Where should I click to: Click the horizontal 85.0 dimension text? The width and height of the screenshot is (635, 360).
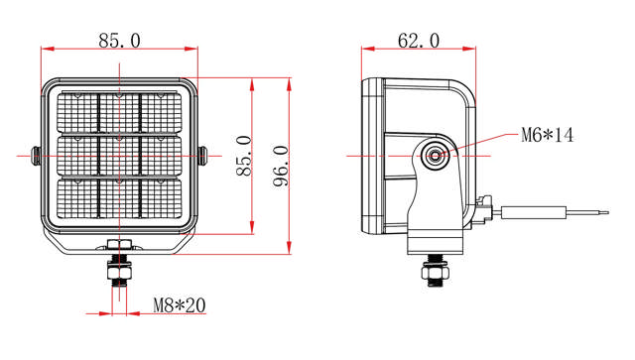tap(119, 41)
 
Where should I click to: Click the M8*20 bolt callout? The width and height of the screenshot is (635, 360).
tap(179, 305)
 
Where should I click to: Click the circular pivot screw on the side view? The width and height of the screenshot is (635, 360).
tap(435, 155)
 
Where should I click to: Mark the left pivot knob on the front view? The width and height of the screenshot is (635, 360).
tap(35, 156)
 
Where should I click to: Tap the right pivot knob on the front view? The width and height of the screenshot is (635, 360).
tap(203, 156)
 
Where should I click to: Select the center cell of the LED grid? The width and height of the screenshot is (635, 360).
tap(119, 155)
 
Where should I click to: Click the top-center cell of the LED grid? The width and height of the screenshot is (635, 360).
tap(119, 112)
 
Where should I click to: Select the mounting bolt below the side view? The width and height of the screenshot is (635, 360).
tap(435, 269)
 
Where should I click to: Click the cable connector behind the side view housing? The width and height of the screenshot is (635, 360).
tap(484, 210)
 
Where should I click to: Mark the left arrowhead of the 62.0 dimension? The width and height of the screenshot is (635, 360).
tap(366, 48)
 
